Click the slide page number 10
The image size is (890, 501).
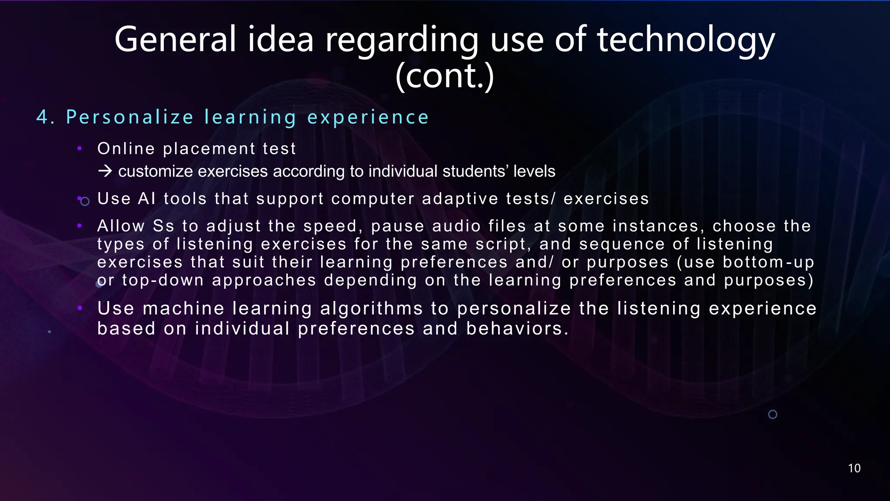click(x=854, y=468)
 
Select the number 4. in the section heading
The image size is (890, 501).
click(x=45, y=117)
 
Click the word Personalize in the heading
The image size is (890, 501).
click(x=130, y=117)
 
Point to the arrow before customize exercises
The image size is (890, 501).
click(x=105, y=171)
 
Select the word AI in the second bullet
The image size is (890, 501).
click(x=147, y=199)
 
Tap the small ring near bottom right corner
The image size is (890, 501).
click(x=773, y=414)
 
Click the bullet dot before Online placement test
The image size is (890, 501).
click(x=80, y=149)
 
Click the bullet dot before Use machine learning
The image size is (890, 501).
click(x=80, y=308)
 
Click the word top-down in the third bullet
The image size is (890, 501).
click(x=163, y=281)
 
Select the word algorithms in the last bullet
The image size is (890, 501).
click(x=372, y=309)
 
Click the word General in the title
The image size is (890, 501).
click(x=175, y=40)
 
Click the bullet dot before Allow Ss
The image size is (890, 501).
click(x=80, y=226)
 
